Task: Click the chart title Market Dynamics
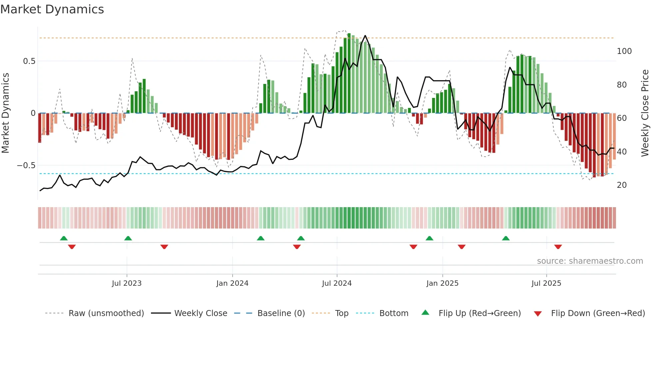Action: pos(52,9)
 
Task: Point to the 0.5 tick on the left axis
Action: pos(29,61)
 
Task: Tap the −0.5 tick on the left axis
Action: pos(26,166)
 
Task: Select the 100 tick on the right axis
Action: pos(624,51)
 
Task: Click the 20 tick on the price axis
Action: pos(622,185)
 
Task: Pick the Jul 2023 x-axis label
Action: pos(127,283)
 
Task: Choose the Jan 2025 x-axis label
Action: pos(442,283)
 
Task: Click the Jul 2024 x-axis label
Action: pos(336,283)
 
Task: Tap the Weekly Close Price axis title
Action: pos(645,113)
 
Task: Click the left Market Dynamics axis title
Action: pos(5,113)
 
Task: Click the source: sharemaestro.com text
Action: pos(590,261)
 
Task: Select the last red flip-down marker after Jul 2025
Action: pos(558,247)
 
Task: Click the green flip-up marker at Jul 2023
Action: pos(128,238)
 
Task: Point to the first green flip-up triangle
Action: pos(64,238)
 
